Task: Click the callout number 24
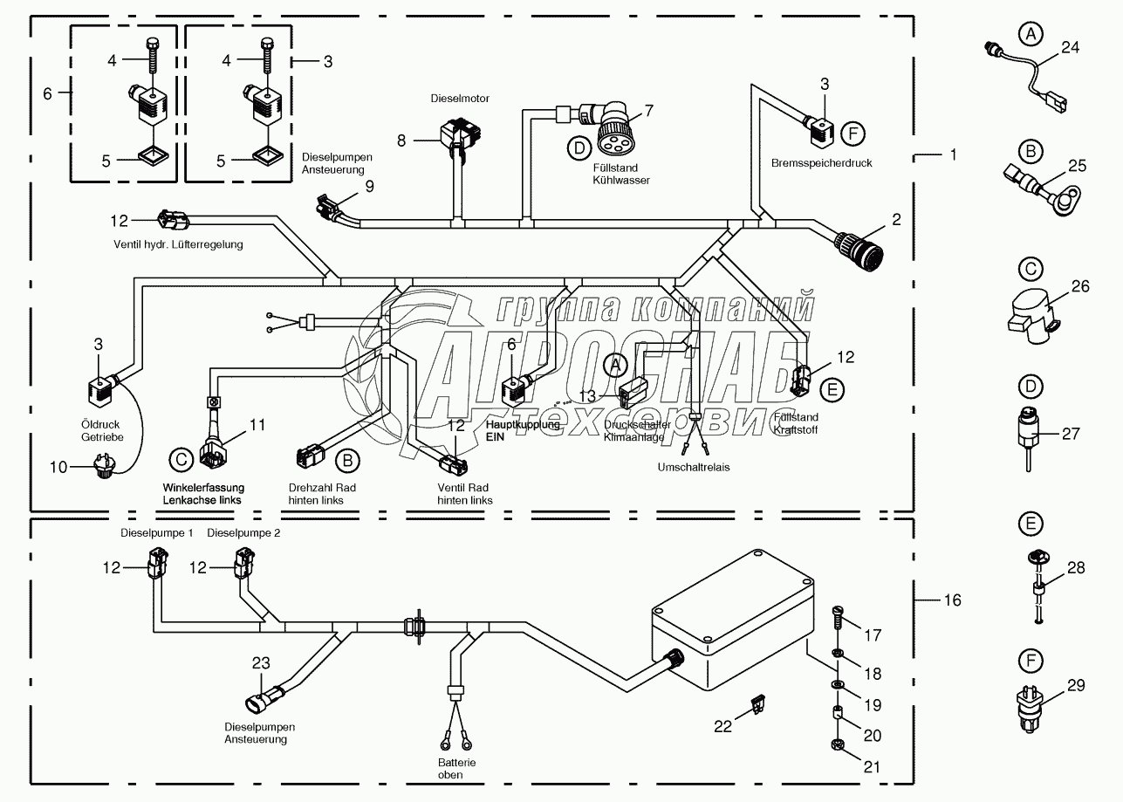[1070, 48]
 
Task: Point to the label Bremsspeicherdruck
[809, 162]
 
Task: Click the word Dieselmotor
[459, 99]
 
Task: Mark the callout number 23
[262, 663]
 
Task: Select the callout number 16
[952, 600]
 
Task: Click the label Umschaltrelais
[695, 467]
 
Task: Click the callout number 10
[58, 468]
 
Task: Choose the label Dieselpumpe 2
[243, 532]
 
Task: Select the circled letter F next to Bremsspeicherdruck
[853, 134]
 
